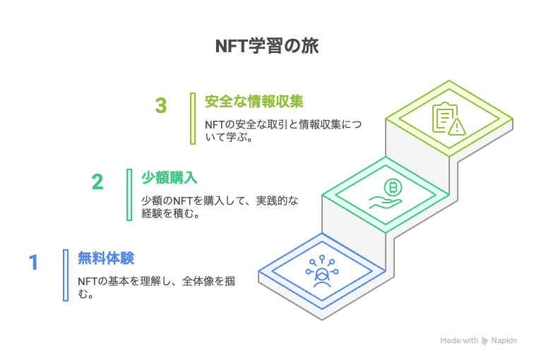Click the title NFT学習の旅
[267, 46]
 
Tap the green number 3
[161, 105]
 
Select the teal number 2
[97, 181]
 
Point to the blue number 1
[33, 262]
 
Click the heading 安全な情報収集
[254, 102]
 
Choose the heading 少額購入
[170, 178]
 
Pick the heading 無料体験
[106, 258]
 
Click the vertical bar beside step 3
[193, 119]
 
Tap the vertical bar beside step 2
[129, 195]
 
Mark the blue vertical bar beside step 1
[66, 275]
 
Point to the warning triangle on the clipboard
[457, 127]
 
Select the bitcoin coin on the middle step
[393, 187]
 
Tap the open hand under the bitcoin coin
[385, 203]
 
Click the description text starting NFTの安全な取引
[283, 131]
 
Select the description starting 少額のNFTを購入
[220, 207]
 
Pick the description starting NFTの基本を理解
[156, 287]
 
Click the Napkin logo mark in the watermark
[485, 341]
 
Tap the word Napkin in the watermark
[504, 341]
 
